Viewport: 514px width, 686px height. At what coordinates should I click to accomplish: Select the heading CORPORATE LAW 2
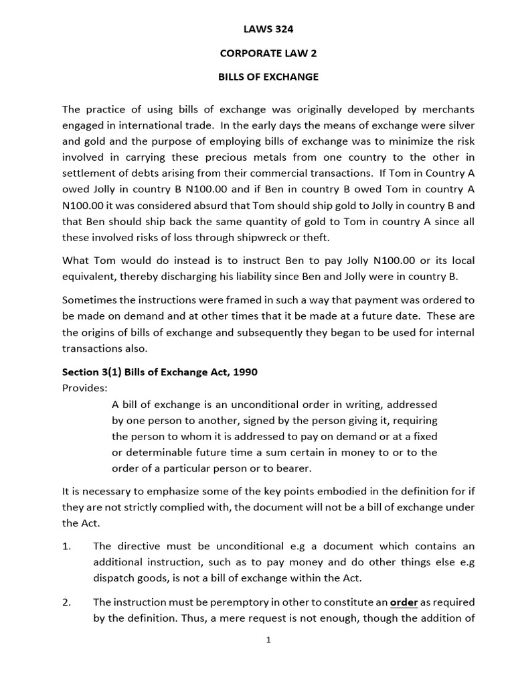coord(268,53)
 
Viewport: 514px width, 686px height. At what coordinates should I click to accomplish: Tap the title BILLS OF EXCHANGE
coord(268,77)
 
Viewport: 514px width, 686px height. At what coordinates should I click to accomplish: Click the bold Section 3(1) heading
coord(160,372)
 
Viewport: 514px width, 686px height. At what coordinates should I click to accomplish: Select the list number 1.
coord(66,547)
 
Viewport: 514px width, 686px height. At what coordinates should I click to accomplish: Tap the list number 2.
coord(66,603)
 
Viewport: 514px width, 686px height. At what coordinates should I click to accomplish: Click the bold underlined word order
coord(404,603)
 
